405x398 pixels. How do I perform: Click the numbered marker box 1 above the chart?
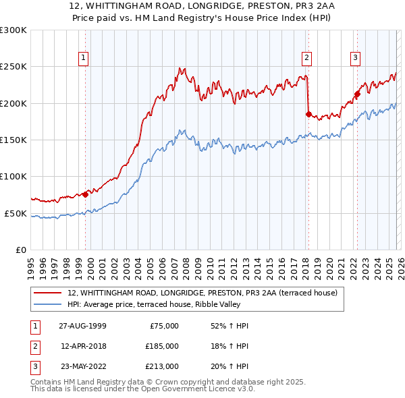coord(83,58)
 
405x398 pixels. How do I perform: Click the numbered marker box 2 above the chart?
coord(306,58)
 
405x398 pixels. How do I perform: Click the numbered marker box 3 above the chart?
coord(355,58)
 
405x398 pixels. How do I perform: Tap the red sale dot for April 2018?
coord(308,114)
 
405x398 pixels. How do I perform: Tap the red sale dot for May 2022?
coord(357,94)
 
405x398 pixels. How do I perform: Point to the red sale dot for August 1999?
coord(86,194)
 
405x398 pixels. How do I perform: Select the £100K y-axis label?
coord(13,176)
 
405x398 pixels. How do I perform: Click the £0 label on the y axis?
coord(20,250)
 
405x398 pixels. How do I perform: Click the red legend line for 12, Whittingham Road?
coord(48,293)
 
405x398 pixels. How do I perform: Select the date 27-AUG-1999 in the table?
coord(82,326)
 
